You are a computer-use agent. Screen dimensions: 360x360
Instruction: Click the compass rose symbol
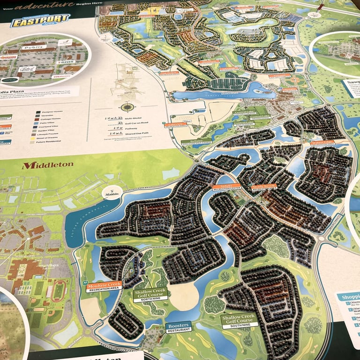[x=126, y=106]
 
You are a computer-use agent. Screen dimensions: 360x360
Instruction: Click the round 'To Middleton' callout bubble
[x=112, y=192]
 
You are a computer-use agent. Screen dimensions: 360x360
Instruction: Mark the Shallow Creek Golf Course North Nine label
[x=150, y=294]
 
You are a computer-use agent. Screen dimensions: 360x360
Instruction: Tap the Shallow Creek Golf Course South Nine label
[x=239, y=321]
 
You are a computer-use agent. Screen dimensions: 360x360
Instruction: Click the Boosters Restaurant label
[x=178, y=326]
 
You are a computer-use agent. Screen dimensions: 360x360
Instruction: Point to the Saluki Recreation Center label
[x=226, y=187]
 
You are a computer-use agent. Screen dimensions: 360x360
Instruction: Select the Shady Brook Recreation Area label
[x=265, y=187]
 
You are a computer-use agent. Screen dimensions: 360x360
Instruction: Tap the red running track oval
[x=58, y=291]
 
